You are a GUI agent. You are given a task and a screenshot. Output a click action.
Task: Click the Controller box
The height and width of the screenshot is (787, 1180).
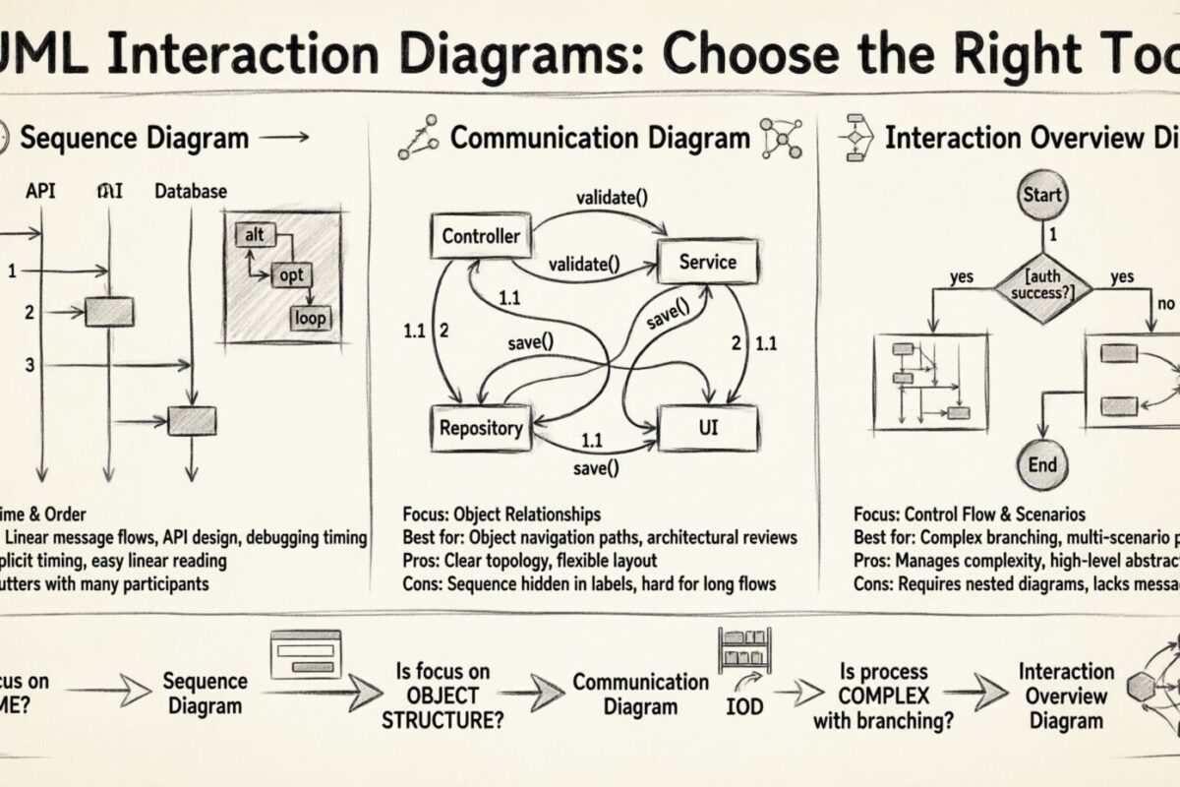[x=481, y=236]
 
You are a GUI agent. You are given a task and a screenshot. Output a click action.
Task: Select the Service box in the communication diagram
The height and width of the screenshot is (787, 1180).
[x=707, y=262]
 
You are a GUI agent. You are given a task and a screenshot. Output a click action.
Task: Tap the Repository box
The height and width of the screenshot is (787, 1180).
[x=480, y=427]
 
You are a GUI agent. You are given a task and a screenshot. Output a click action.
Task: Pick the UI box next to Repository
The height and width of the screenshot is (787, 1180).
[x=708, y=427]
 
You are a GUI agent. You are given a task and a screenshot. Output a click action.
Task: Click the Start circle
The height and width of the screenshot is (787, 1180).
[x=1042, y=195]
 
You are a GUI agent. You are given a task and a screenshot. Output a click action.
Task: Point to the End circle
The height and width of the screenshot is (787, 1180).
[x=1042, y=465]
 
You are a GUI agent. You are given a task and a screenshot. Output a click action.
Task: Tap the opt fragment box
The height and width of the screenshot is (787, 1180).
[x=292, y=275]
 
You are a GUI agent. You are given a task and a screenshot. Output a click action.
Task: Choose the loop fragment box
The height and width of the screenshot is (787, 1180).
[x=311, y=318]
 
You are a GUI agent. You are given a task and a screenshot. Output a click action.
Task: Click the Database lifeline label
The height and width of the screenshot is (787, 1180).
[x=191, y=191]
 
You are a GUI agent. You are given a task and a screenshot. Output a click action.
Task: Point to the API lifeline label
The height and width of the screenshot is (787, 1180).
[x=40, y=191]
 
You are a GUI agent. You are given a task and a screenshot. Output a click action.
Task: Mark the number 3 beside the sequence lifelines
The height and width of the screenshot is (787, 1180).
[x=30, y=365]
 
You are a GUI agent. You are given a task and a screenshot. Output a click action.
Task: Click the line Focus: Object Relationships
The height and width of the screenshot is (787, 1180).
[x=501, y=515]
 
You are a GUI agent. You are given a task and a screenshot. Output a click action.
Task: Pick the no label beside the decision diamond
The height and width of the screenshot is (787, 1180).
[x=1166, y=304]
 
